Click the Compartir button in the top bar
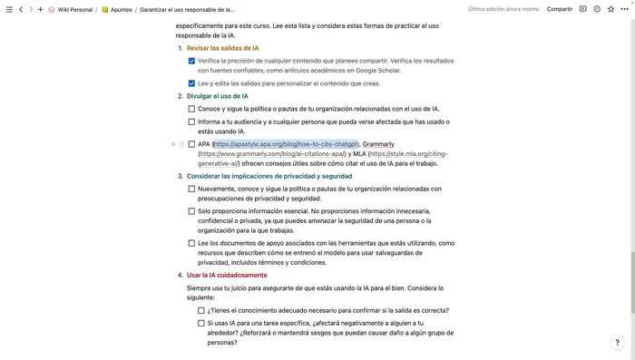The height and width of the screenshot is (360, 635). pos(560,9)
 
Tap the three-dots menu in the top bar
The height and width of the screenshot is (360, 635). pos(623,9)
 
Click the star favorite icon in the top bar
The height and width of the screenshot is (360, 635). pos(610,9)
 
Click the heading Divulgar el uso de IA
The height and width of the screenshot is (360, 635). pos(218,95)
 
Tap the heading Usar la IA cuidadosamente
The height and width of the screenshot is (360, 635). pos(227,275)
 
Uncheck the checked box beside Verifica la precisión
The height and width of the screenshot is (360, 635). pos(191,60)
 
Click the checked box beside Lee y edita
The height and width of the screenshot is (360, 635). pos(191,83)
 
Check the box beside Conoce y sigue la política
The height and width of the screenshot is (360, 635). pos(191,109)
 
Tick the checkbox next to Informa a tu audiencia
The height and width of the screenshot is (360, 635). pos(191,122)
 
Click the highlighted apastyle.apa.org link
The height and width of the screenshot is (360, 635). pos(286,144)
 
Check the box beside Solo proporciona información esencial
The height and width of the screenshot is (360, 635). pos(191,211)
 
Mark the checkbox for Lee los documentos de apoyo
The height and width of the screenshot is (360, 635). pos(191,243)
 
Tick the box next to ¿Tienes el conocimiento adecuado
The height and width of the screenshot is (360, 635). pos(201,310)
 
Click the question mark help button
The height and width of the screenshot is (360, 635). pos(618,343)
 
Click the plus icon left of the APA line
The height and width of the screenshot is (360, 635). pos(173,144)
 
